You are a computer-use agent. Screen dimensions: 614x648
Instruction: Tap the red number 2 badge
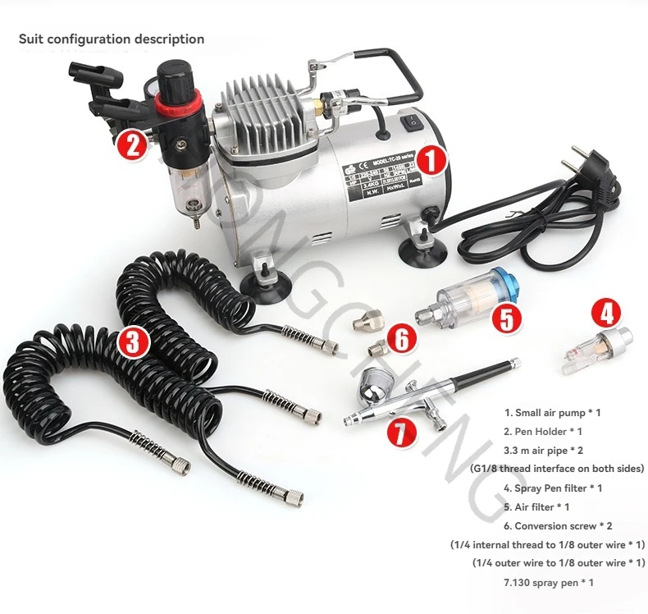[x=132, y=144]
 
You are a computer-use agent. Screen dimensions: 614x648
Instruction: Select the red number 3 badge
[x=133, y=341]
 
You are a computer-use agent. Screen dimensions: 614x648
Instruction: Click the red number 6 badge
[x=401, y=339]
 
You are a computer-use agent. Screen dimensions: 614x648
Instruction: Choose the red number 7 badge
[x=399, y=431]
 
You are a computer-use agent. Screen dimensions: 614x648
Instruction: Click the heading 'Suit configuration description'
[x=112, y=39]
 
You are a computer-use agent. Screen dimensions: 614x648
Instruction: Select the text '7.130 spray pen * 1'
[x=548, y=582]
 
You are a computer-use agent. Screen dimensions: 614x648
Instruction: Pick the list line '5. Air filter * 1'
[x=536, y=506]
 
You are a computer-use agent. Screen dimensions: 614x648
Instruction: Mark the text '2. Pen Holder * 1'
[x=543, y=431]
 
